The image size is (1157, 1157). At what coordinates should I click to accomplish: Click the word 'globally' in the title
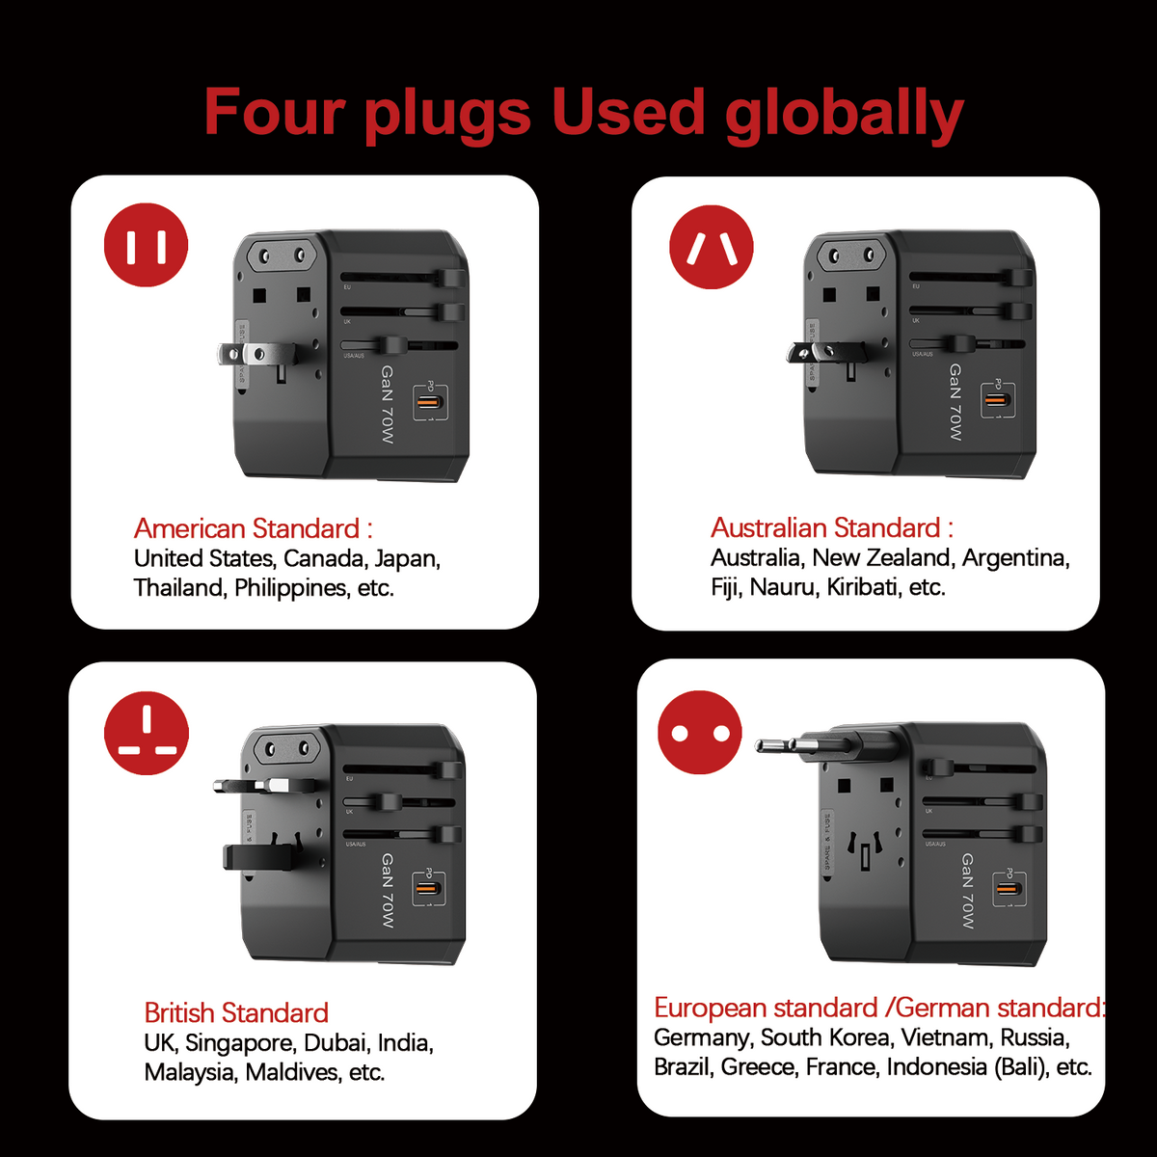point(844,113)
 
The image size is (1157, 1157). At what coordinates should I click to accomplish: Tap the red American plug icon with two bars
point(147,245)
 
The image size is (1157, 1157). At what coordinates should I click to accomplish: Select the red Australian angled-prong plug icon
point(712,247)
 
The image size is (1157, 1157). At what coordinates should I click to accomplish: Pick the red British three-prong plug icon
point(147,733)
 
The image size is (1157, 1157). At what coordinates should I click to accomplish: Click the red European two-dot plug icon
point(700,733)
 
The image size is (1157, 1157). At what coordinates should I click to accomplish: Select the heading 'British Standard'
point(236,1012)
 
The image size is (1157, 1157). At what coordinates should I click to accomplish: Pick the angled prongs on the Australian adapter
point(802,353)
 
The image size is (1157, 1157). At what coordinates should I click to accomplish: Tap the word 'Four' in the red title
point(274,113)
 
